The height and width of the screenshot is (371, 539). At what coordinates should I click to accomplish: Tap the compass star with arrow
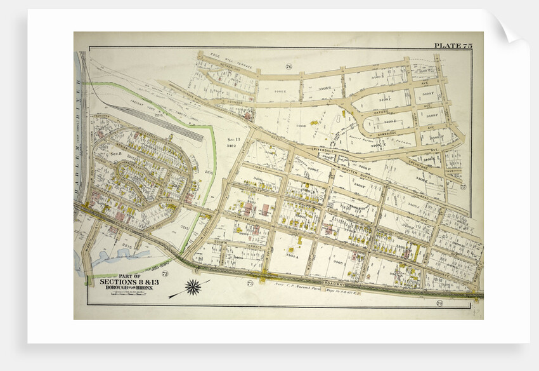[192, 287]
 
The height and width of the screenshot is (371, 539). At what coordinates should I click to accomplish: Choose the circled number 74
[439, 302]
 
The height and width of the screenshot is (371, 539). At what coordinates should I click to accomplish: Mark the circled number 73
[250, 283]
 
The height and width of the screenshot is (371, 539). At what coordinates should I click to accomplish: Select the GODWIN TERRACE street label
[235, 241]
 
